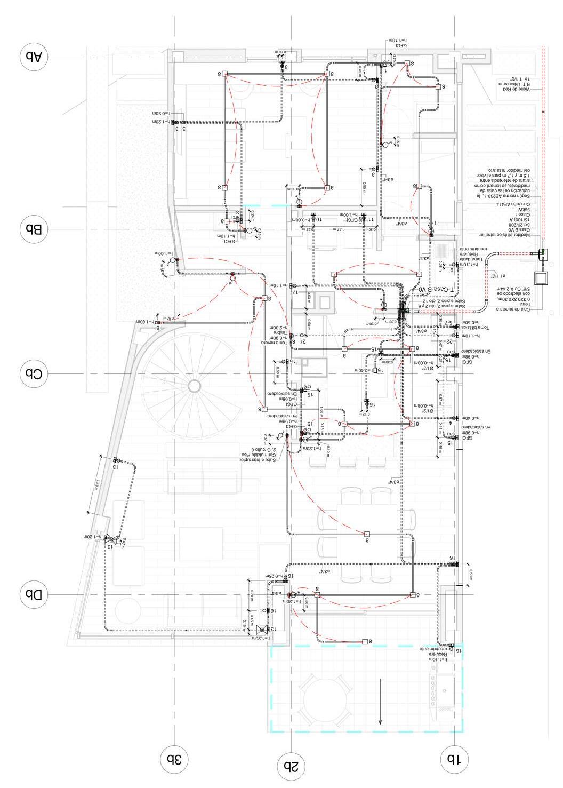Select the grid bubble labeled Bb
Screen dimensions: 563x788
pyautogui.click(x=34, y=229)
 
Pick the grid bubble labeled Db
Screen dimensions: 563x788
pyautogui.click(x=34, y=594)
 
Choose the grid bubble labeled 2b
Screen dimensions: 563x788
pyautogui.click(x=291, y=767)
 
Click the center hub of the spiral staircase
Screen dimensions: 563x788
pyautogui.click(x=195, y=385)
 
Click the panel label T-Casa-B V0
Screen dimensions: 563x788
pyautogui.click(x=436, y=289)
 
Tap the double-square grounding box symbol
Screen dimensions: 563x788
pyautogui.click(x=543, y=278)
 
